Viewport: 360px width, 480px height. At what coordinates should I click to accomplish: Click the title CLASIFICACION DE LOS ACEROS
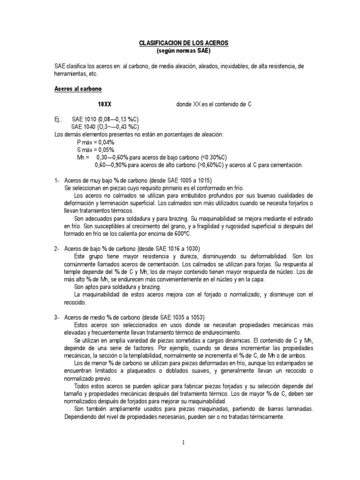click(x=183, y=43)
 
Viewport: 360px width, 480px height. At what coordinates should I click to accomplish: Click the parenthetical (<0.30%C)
click(x=215, y=157)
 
